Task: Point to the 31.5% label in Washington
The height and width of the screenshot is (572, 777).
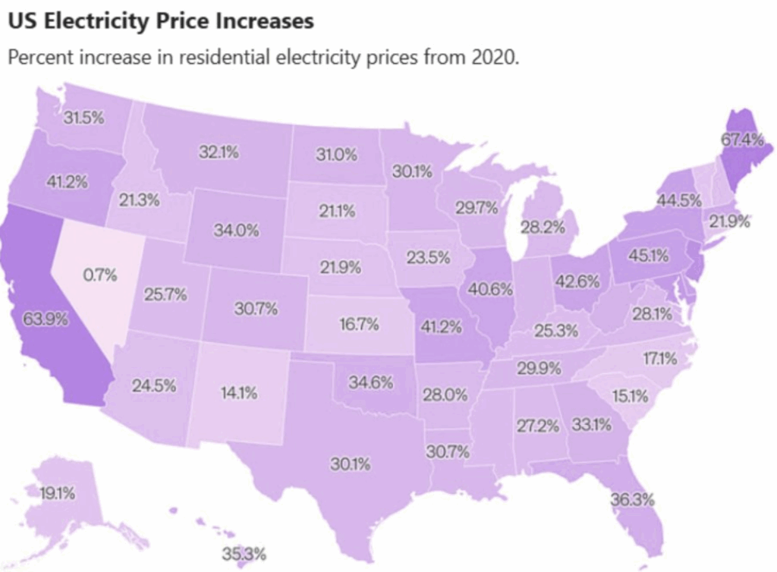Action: pos(83,118)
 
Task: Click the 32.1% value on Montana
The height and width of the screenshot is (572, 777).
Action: pos(219,152)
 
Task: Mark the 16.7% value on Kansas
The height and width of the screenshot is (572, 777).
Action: pos(359,325)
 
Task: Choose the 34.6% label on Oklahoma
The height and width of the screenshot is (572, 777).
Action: pos(371,382)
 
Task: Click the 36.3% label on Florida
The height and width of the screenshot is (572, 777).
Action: pos(632,500)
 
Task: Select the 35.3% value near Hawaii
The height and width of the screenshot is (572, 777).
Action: pos(244,554)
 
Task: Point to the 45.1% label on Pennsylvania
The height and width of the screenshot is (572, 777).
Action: pos(650,256)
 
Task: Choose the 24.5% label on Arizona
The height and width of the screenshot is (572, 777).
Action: pos(153,385)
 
